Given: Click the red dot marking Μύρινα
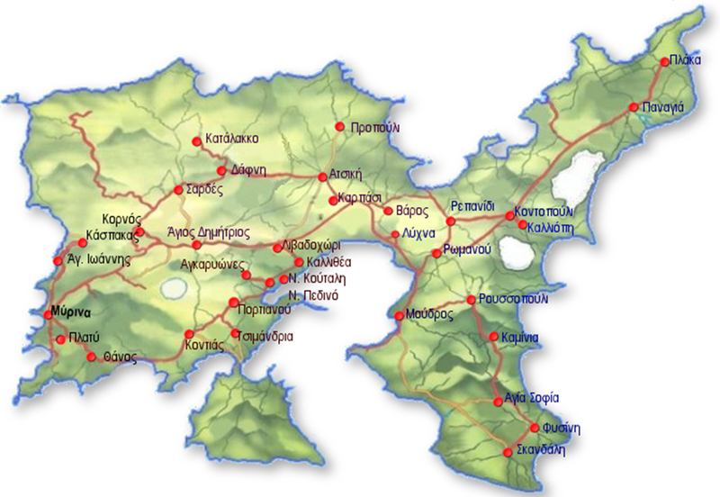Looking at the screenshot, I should tap(49, 314).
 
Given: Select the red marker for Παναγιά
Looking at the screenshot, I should tap(634, 107).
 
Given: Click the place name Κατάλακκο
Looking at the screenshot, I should tap(232, 140).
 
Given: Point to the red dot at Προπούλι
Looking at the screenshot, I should tap(339, 127).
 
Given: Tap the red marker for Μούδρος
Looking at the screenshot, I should tap(400, 315).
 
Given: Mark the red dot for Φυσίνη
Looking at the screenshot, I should tap(535, 428).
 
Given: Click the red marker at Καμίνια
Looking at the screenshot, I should tap(492, 338).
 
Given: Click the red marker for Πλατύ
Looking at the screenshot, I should tap(59, 340).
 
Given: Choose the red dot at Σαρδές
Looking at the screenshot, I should tap(177, 191).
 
